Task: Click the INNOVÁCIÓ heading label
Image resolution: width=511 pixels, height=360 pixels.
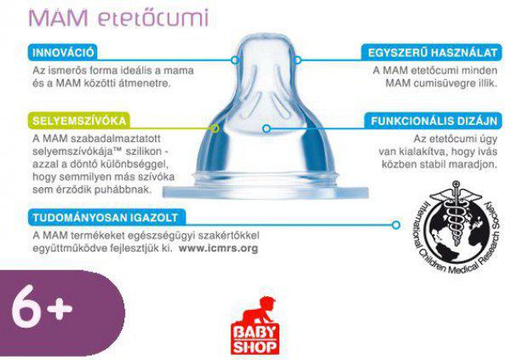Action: coord(63,53)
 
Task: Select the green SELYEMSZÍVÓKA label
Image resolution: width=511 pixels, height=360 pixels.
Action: coord(79,121)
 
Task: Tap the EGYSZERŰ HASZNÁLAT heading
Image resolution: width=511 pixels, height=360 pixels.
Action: coord(432,53)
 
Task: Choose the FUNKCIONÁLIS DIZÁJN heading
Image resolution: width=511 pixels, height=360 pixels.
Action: coord(433,121)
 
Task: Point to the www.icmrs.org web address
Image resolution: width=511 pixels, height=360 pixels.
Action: coord(218,249)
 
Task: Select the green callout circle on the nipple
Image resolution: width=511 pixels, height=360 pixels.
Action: coord(215,129)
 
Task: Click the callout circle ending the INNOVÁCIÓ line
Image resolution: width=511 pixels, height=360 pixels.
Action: coord(235,60)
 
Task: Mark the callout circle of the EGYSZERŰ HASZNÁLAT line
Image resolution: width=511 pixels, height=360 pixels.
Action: coord(297,60)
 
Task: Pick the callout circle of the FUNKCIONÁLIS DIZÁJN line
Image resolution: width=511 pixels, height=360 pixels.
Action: coord(267,129)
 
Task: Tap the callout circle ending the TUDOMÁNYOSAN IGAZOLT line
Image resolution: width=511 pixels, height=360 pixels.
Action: coord(396,225)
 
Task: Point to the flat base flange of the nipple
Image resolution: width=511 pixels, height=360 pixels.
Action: coord(266,192)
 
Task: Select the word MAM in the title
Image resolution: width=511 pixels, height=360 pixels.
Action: coord(58,17)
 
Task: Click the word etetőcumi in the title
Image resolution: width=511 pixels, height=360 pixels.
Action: coord(153,18)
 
